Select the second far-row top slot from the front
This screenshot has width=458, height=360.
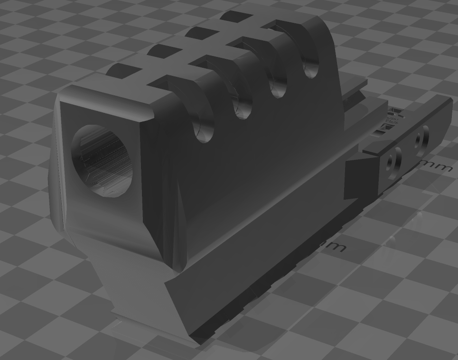(163, 51)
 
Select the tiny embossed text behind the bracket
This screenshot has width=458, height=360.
(392, 117)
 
